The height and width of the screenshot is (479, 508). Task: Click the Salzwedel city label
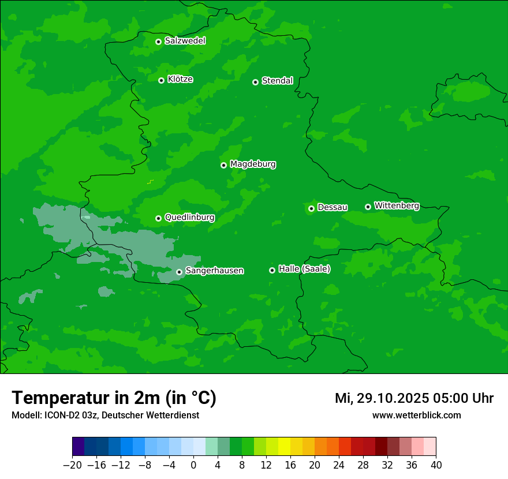[185, 41]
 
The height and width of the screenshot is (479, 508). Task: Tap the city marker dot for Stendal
[255, 82]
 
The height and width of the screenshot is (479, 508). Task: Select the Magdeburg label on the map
[253, 164]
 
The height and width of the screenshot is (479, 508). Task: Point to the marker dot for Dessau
[311, 208]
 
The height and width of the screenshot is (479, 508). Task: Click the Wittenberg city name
[397, 206]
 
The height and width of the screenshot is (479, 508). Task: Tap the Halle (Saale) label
[304, 269]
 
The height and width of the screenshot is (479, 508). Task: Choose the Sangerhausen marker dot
[179, 272]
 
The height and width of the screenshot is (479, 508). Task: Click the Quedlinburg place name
[189, 218]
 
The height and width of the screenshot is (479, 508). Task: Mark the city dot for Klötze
[161, 80]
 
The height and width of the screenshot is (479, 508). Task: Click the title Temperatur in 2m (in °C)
[114, 398]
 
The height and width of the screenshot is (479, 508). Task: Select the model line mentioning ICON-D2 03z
[105, 416]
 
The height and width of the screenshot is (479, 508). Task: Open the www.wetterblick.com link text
[416, 416]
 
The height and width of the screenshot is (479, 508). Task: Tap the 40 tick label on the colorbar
[436, 465]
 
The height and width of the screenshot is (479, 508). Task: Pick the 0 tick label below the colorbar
[193, 465]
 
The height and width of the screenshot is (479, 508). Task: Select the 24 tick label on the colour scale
[339, 465]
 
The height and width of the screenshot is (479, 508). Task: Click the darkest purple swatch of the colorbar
[79, 447]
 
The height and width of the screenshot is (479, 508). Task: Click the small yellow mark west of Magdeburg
[150, 182]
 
